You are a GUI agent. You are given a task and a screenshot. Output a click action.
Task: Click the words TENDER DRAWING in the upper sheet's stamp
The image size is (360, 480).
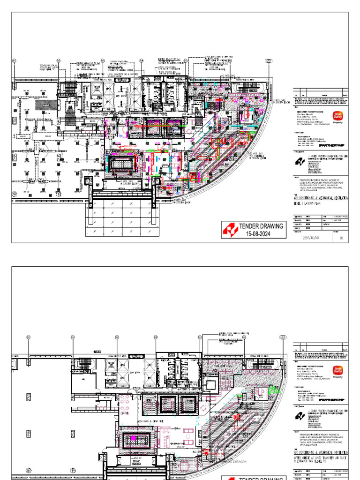[x=261, y=226]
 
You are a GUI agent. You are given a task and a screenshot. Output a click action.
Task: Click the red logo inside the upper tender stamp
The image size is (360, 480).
[x=231, y=230]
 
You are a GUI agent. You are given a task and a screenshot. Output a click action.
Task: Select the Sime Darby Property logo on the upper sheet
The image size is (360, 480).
[x=337, y=117]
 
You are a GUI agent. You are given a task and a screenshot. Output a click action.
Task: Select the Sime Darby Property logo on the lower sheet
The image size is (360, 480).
[x=337, y=371]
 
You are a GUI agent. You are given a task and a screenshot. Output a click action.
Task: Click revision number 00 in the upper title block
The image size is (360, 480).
[x=341, y=238]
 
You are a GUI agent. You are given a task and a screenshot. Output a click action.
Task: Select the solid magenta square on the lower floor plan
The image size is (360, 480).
[x=133, y=438]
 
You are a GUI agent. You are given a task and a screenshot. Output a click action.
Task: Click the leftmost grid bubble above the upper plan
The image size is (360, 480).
[x=14, y=61]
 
